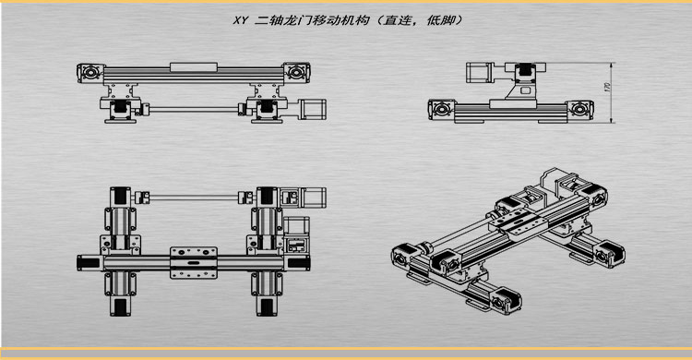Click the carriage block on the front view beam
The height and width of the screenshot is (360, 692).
[194, 64]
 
